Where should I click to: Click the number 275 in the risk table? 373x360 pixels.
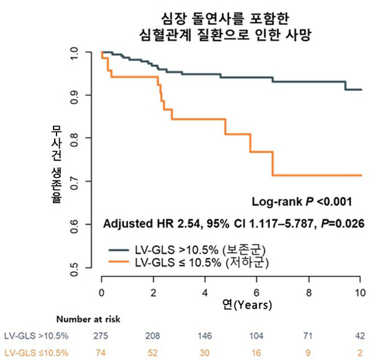click(102, 336)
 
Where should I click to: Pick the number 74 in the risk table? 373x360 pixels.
click(102, 351)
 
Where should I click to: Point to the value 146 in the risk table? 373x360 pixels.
click(205, 336)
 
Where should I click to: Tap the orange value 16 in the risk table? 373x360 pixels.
click(257, 351)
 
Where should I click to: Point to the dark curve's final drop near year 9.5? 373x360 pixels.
click(346, 86)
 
